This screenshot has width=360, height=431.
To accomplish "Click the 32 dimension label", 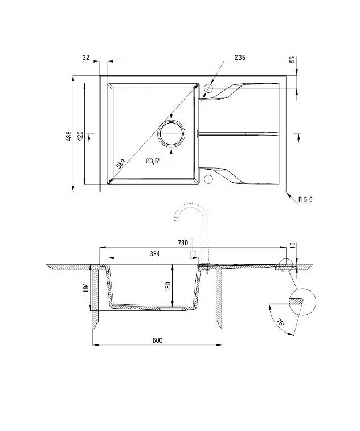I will click(x=86, y=58).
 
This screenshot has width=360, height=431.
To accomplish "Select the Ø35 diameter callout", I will click(x=239, y=58).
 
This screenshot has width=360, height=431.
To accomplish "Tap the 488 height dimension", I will click(x=69, y=136).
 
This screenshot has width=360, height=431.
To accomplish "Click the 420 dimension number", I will click(x=81, y=136).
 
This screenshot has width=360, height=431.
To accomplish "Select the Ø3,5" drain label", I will click(x=153, y=161).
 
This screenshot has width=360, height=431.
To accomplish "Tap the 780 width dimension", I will click(x=183, y=243).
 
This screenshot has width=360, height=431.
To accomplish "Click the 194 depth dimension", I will click(x=85, y=287).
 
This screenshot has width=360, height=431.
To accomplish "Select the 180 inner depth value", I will click(x=168, y=286).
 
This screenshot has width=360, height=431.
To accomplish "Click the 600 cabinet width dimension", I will click(x=158, y=340).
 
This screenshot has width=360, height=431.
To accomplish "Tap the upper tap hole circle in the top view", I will click(x=208, y=89).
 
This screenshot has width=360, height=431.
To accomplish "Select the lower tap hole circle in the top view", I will click(x=208, y=180).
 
